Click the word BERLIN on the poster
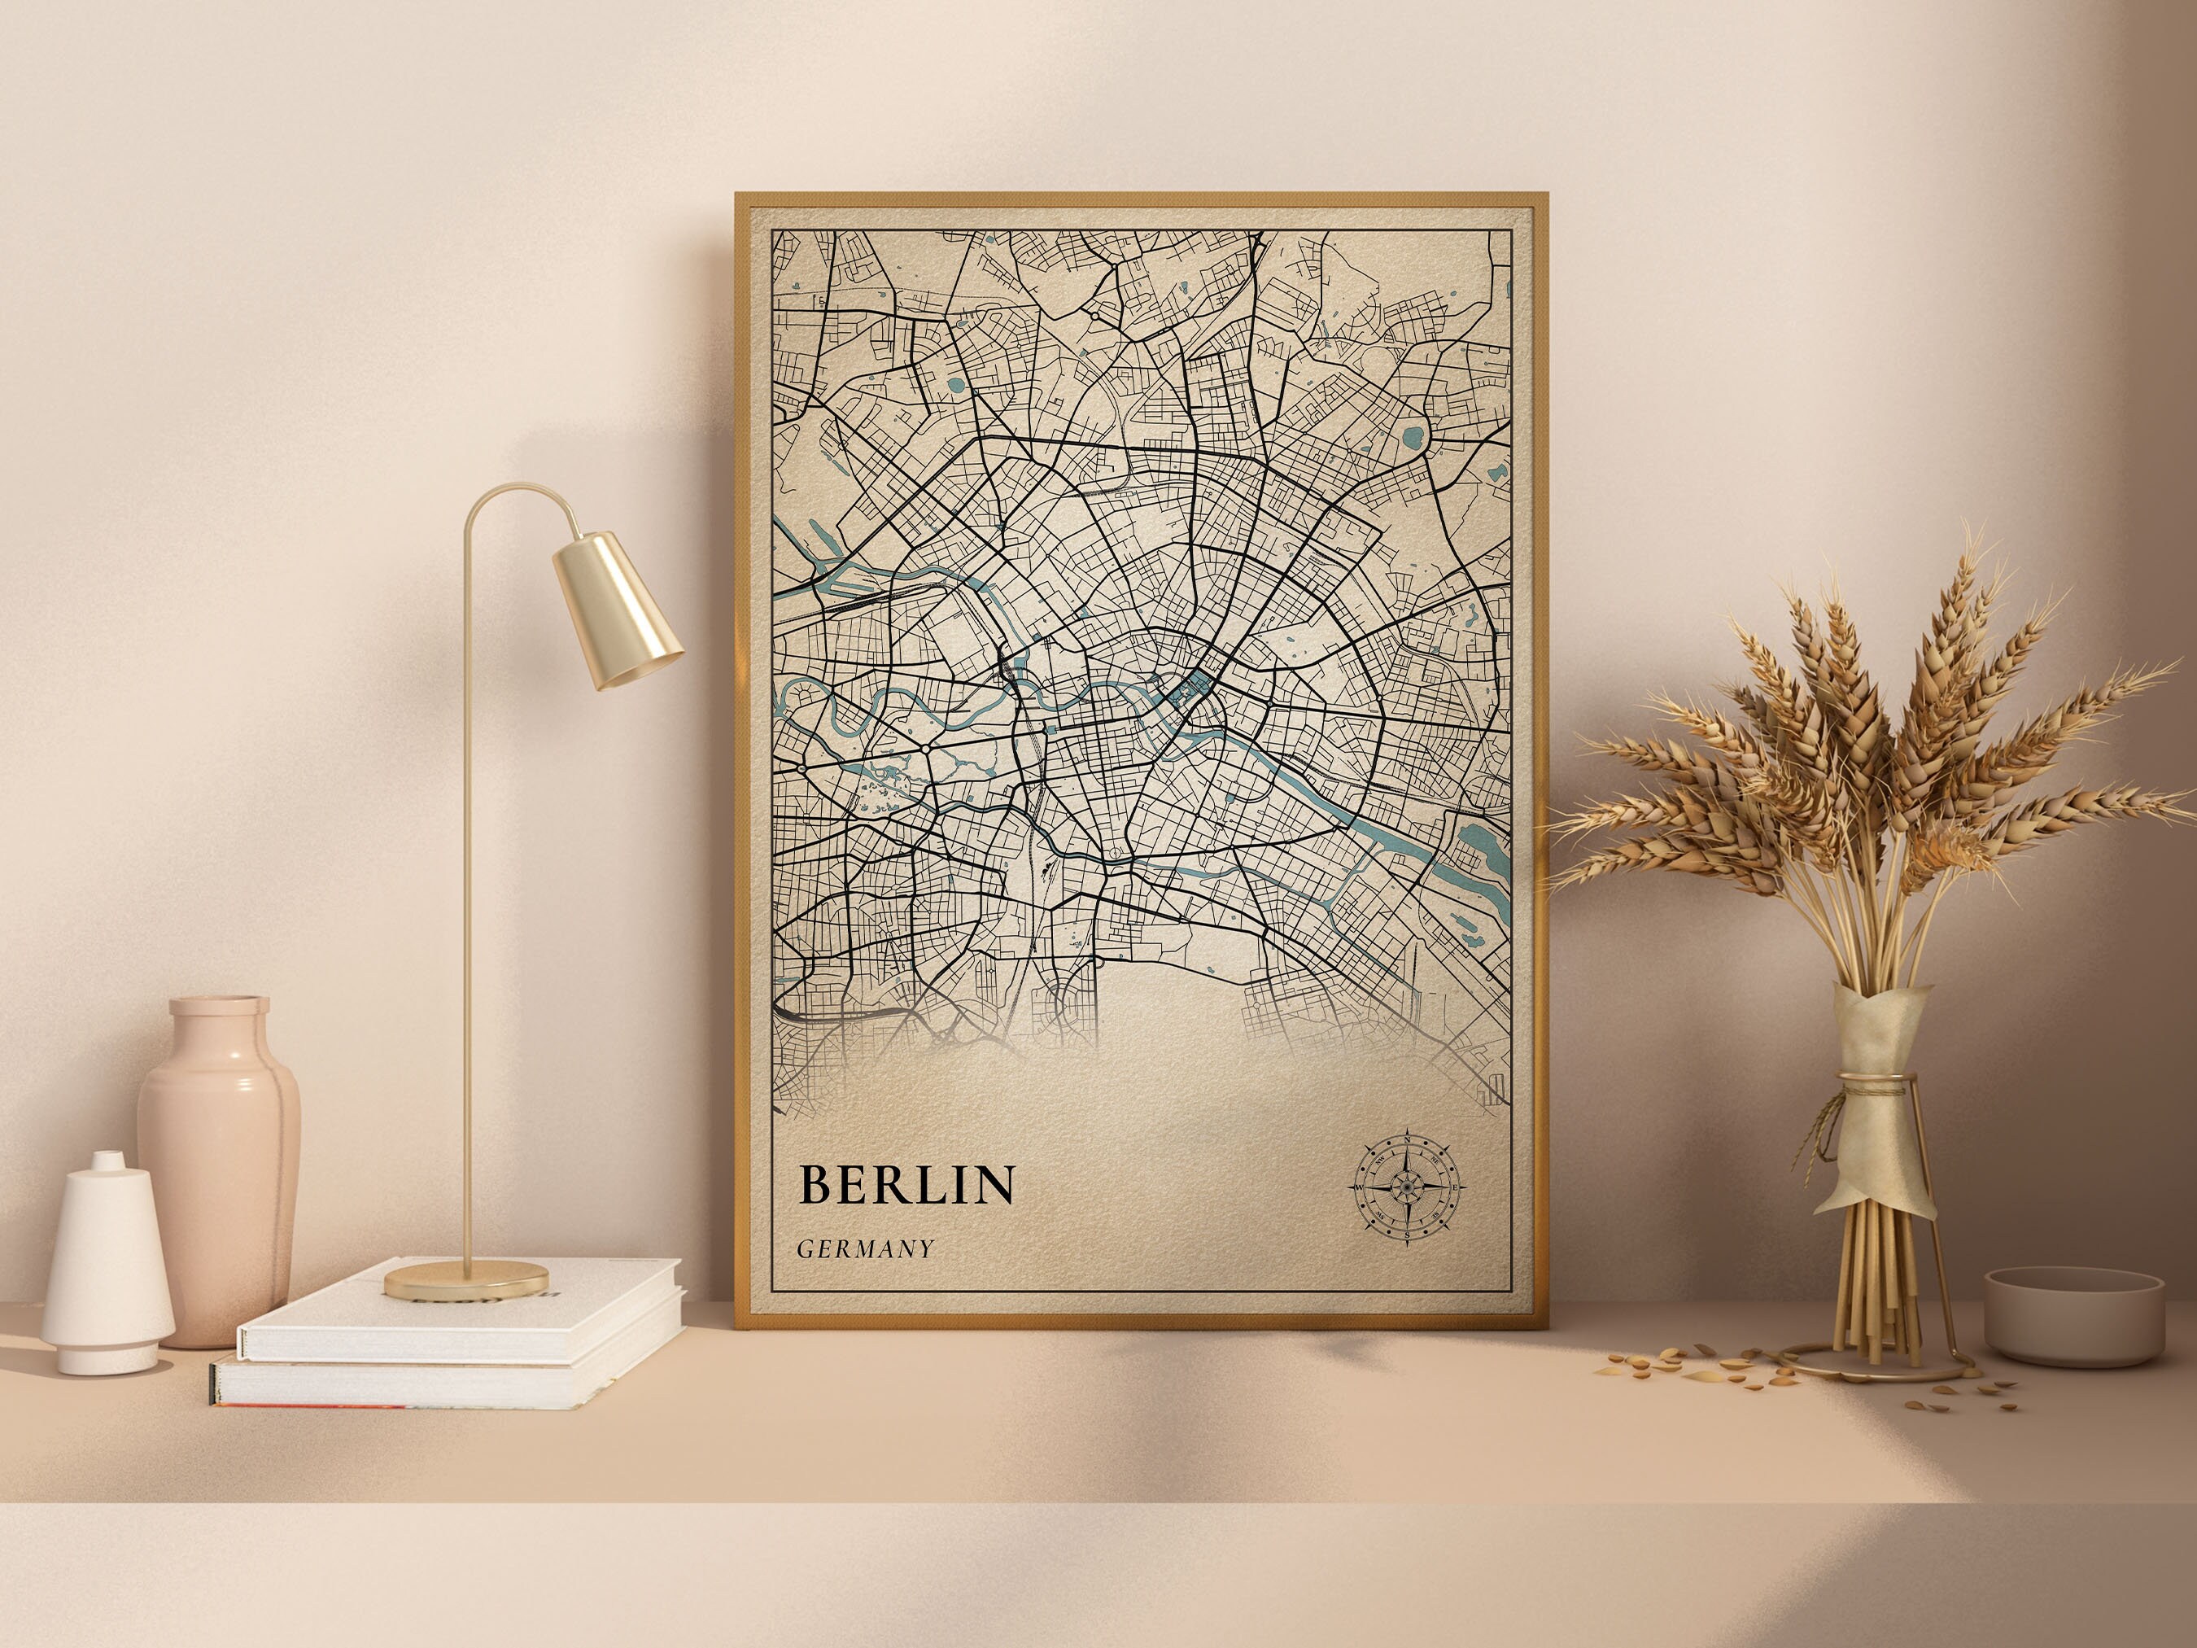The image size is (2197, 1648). tap(906, 1184)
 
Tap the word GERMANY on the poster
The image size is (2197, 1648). tap(865, 1248)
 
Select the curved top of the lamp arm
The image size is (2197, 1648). tap(517, 492)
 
